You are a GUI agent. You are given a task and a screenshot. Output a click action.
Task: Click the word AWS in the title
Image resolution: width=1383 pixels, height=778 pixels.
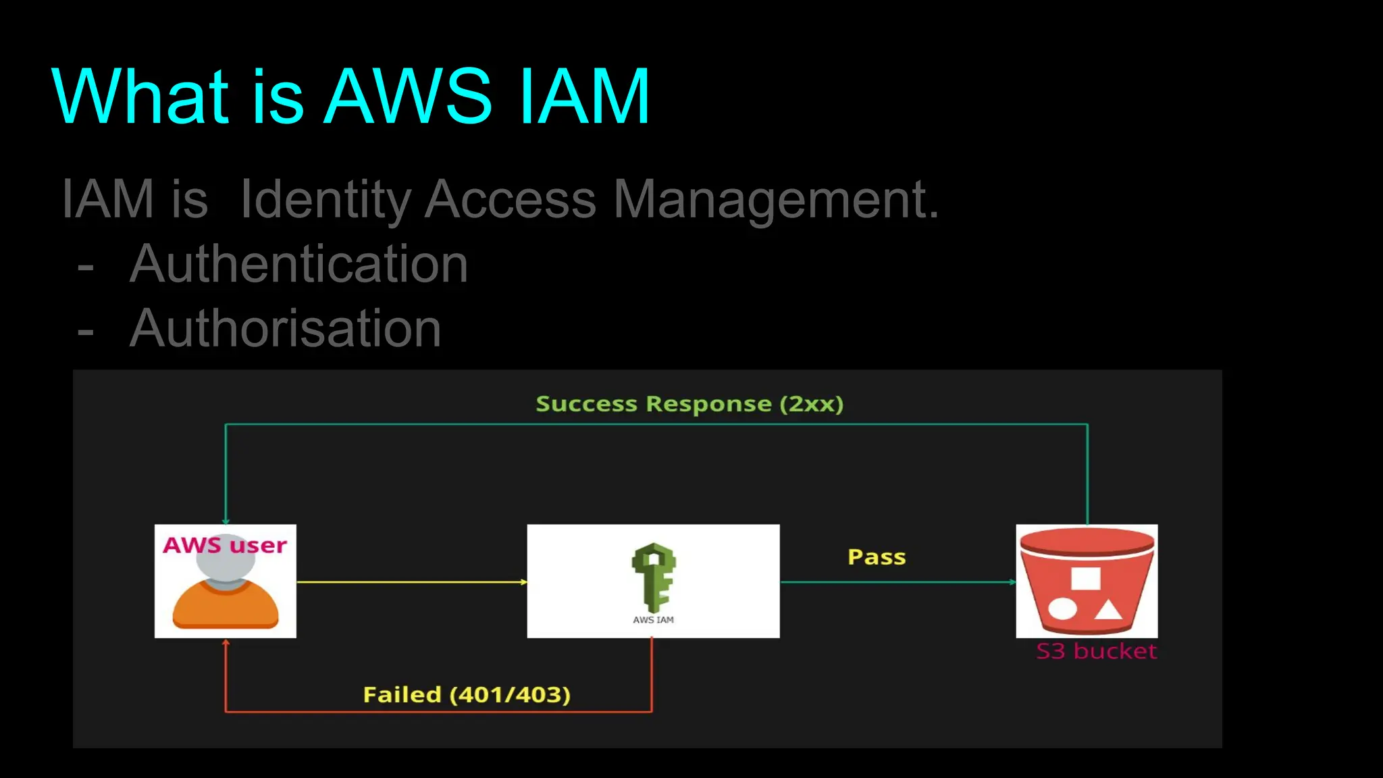coord(408,97)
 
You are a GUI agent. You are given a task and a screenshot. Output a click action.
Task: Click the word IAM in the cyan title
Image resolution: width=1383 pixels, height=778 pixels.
coord(584,97)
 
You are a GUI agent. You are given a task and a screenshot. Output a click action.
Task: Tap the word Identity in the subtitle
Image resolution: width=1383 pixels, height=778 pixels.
coord(325,200)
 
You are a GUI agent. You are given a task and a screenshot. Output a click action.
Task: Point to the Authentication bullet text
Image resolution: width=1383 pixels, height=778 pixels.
coord(298,264)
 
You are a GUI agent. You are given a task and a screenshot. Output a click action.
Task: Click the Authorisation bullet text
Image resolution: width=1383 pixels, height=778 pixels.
coord(285,329)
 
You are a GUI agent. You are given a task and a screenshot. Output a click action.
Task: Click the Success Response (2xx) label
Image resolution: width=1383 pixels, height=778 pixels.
coord(689,404)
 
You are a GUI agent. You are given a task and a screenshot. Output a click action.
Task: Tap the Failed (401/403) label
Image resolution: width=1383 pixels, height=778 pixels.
coord(467,694)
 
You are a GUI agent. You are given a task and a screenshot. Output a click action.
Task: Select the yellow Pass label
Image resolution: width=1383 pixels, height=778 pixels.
coord(877,557)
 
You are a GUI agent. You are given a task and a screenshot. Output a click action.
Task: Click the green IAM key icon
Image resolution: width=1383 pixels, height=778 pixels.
coord(654,577)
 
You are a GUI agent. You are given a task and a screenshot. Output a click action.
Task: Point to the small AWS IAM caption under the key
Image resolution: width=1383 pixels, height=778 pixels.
coord(653,620)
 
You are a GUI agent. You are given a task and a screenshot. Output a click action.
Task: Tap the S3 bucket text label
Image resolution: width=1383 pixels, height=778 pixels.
coord(1096,651)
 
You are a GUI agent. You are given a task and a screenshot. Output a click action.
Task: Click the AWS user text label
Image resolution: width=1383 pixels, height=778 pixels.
coord(225,545)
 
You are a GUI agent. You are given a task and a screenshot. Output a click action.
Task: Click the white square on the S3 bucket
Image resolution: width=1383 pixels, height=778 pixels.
coord(1085,579)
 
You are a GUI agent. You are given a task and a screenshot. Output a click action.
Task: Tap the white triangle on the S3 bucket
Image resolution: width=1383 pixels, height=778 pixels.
coord(1107,610)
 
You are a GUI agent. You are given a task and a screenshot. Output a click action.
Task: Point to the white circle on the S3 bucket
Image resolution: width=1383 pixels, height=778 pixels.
coord(1062,608)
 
